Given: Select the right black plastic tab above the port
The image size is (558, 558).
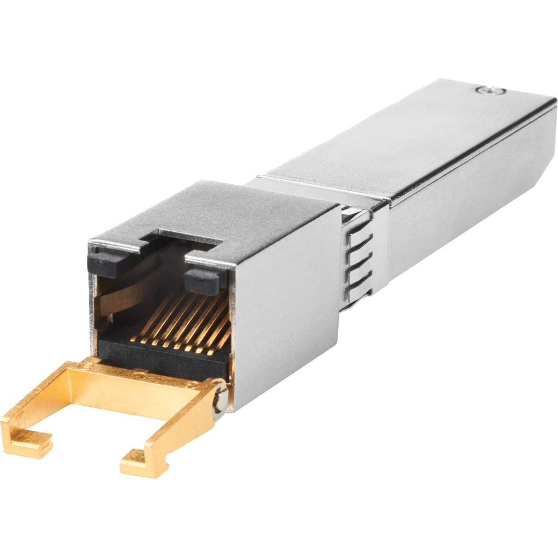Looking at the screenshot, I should click(202, 280).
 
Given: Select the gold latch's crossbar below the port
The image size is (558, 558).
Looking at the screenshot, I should click(132, 379).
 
